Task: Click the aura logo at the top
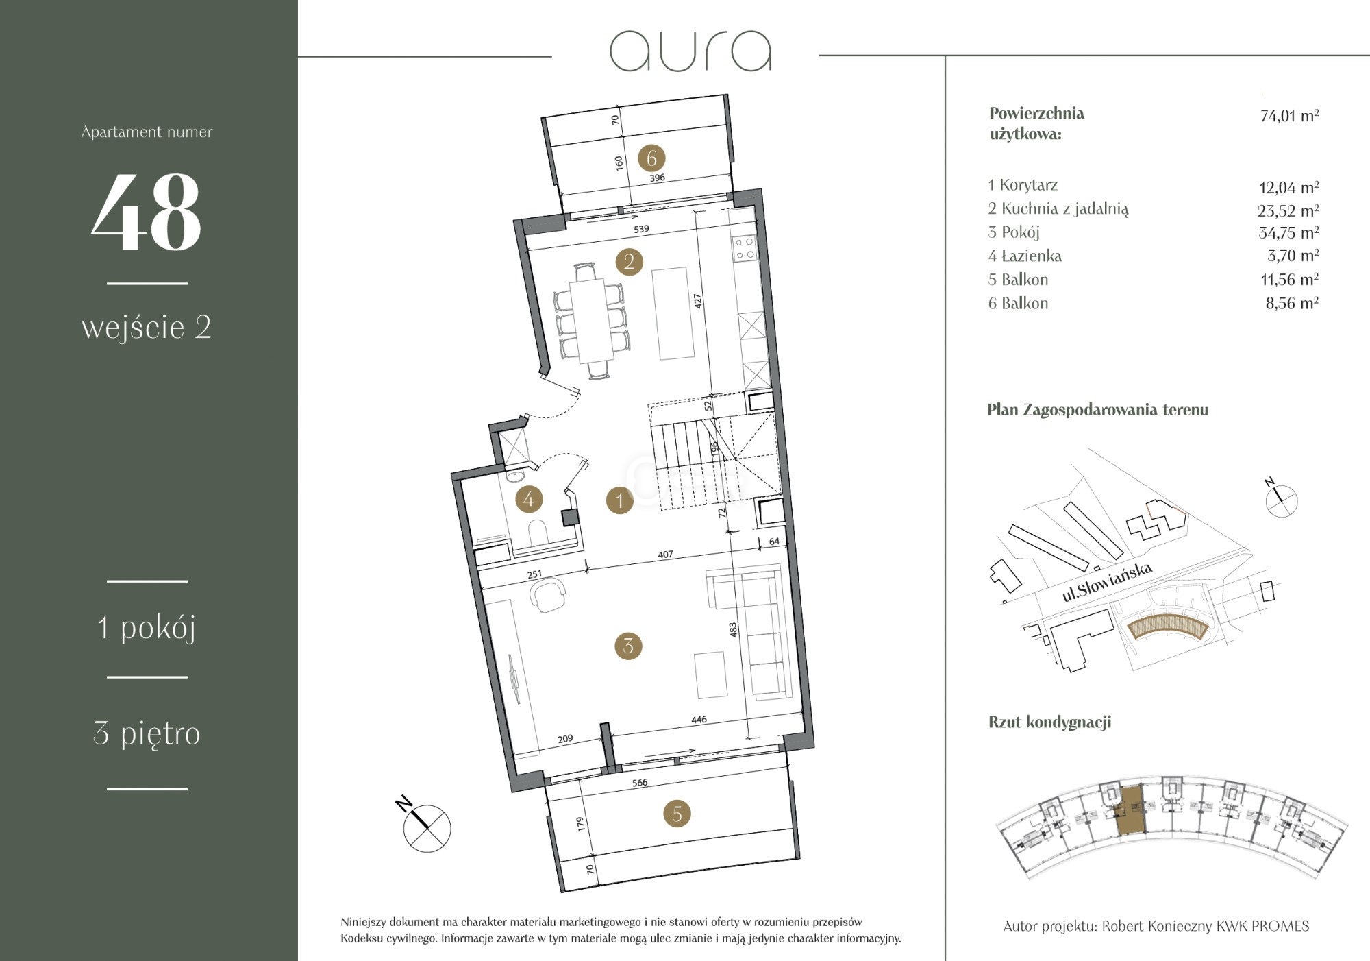(690, 51)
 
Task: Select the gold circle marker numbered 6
(651, 158)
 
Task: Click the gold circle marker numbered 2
(629, 262)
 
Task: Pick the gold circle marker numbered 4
(528, 499)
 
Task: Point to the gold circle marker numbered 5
(677, 814)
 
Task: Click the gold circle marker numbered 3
(628, 646)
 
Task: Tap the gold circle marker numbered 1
(620, 500)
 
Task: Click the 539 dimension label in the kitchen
(641, 229)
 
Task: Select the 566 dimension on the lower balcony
(639, 783)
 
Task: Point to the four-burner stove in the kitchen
(745, 248)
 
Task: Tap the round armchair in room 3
(549, 595)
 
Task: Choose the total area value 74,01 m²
(1289, 115)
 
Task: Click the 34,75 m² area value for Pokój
(1288, 232)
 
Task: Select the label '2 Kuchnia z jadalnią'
(1058, 209)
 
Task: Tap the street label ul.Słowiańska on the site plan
(1107, 582)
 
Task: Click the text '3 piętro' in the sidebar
(147, 733)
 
